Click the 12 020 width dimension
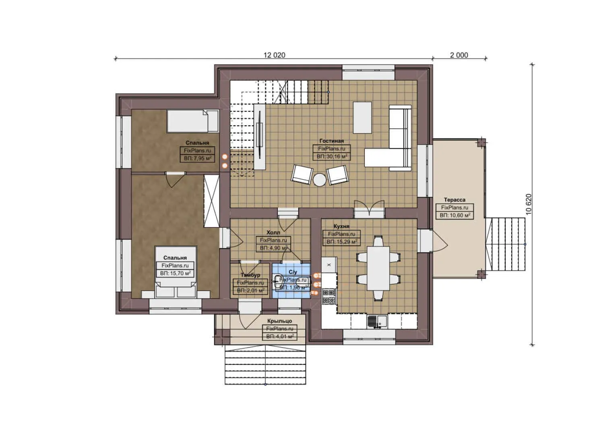tap(274, 55)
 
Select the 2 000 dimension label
tap(459, 55)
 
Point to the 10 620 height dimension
tap(529, 204)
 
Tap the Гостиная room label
tap(331, 141)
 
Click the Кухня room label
tap(341, 226)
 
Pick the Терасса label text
tap(455, 200)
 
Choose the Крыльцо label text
tap(279, 321)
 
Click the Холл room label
tap(273, 232)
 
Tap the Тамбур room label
tap(250, 275)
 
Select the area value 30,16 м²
tap(331, 156)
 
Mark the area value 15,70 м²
tap(175, 273)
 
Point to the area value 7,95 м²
tap(197, 158)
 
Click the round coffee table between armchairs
tap(320, 180)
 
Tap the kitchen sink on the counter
tap(377, 321)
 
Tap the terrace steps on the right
tap(506, 244)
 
